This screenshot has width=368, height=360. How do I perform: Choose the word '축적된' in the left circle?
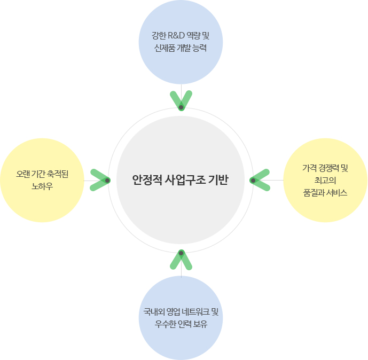pos(58,174)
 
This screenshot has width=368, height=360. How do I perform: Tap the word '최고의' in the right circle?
pos(325,181)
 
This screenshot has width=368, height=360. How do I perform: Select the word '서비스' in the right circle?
pos(336,193)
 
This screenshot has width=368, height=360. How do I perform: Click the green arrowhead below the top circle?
pos(181,101)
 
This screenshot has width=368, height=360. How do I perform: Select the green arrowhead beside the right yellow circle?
pos(260,180)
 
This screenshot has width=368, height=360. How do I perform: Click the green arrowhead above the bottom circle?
pos(181,259)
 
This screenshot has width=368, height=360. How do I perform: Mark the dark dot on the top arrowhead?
pos(181,107)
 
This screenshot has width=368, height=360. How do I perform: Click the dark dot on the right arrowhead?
pos(253,180)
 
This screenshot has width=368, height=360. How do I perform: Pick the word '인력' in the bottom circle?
pos(185,324)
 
